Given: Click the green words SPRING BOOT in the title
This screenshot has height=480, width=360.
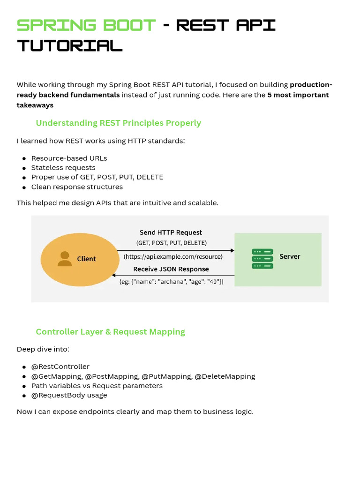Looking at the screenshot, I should (x=86, y=25).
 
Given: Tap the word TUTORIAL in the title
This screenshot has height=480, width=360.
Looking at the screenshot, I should (x=70, y=45).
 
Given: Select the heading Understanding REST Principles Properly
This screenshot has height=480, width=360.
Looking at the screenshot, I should (x=118, y=123).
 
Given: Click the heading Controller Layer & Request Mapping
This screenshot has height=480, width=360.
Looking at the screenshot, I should (x=110, y=331).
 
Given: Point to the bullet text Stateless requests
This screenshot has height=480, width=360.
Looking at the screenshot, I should (x=63, y=167).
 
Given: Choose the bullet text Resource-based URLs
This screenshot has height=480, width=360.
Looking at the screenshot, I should (x=69, y=158).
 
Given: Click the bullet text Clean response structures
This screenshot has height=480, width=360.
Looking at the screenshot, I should (x=77, y=187).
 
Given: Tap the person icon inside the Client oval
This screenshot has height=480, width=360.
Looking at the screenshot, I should (x=65, y=259).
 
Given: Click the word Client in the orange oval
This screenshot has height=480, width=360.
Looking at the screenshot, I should (x=86, y=259).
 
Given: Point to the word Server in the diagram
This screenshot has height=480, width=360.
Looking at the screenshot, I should (x=290, y=256).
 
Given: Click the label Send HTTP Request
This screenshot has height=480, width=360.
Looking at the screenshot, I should (x=171, y=232).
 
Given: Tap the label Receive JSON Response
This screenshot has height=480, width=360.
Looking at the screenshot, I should (x=171, y=269).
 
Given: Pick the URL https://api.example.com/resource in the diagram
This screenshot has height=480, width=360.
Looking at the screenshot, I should (x=173, y=257).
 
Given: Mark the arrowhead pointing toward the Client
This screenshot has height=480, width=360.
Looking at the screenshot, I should (x=115, y=275).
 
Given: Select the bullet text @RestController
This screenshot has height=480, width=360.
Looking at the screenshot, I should (x=60, y=367).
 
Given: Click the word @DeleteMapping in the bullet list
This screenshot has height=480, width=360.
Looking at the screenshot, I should (x=225, y=376).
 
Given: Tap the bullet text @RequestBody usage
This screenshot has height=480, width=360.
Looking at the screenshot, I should (x=69, y=395).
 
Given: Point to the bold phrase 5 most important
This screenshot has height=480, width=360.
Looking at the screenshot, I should (x=298, y=95).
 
